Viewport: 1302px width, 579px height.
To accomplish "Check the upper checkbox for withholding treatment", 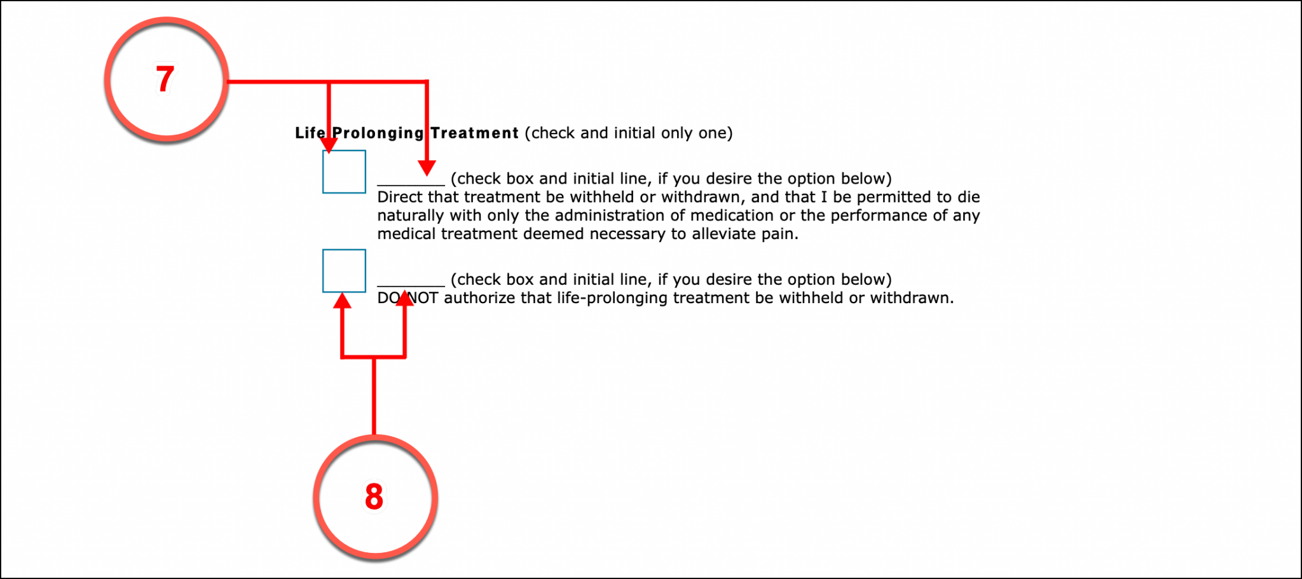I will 344,172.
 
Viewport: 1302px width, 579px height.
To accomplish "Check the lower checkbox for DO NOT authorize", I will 344,271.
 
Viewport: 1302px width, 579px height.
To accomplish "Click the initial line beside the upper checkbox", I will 411,182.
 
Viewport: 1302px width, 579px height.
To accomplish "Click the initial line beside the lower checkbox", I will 411,283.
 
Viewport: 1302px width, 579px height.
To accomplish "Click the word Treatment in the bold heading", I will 474,133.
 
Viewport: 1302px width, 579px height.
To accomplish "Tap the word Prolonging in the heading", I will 378,133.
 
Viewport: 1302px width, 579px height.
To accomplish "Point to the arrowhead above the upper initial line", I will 427,168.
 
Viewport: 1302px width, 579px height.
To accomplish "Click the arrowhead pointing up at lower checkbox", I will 343,301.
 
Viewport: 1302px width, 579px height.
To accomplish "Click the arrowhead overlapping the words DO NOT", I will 405,298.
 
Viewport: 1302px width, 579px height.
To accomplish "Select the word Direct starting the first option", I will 399,197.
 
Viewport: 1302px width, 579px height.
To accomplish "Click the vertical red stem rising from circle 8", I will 374,397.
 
